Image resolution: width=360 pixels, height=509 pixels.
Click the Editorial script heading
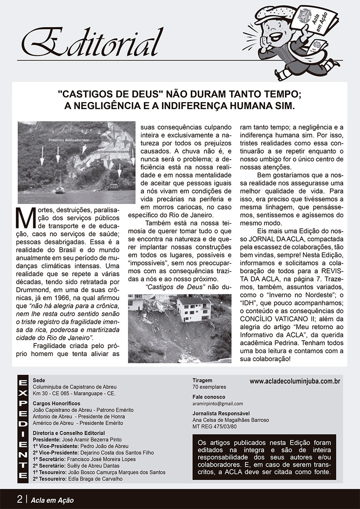tap(93, 43)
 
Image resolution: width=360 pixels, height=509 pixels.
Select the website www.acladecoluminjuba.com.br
tap(295, 381)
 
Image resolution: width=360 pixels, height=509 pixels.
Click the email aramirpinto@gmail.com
tap(218, 404)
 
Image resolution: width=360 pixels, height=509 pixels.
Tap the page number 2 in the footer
tap(19, 500)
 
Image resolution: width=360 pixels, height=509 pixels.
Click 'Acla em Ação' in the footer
tap(52, 500)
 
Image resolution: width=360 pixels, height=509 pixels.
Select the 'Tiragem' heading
tap(202, 380)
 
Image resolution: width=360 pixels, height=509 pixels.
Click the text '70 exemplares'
tap(209, 387)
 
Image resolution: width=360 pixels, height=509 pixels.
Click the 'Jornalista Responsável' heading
tap(221, 413)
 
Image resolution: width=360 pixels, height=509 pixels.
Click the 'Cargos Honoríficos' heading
tap(56, 403)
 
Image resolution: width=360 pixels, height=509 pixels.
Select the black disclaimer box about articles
tap(264, 457)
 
